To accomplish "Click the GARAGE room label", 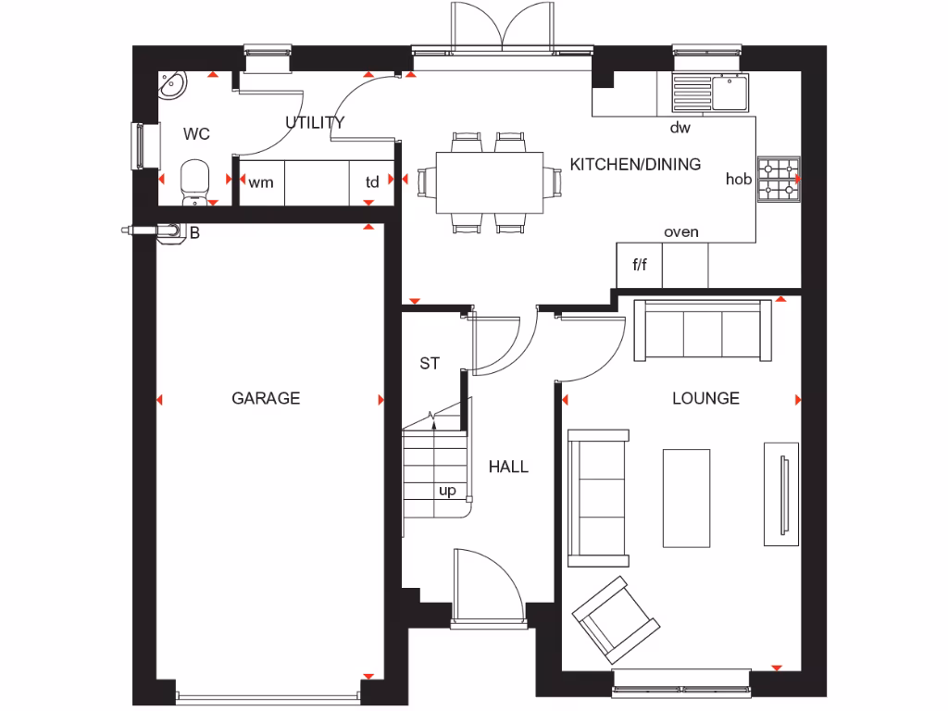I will coord(266,398).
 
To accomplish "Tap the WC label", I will coord(196,134).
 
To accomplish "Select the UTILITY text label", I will coord(315,122).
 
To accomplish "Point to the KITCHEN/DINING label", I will coord(635,165).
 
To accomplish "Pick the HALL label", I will coord(508,467).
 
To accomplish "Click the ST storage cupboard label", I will coord(430,364).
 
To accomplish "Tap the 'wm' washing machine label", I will coord(261,182).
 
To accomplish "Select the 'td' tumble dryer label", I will coord(372,182).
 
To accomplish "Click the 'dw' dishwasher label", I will coord(680,128).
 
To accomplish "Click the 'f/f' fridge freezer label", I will coord(640,266).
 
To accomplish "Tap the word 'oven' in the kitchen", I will coord(681,231).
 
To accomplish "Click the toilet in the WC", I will coord(194,181).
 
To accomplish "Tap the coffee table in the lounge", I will coord(686,497).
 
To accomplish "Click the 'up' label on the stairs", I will coord(447,491).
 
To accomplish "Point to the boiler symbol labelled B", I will coord(170,231).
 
